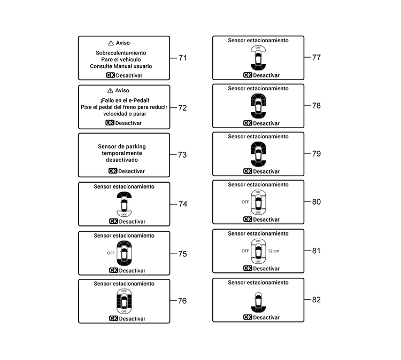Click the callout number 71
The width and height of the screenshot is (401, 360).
pos(182,58)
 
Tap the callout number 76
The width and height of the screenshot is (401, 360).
pos(182,301)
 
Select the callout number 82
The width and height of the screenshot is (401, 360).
pos(317,300)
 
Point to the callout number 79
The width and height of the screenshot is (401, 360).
pos(317,154)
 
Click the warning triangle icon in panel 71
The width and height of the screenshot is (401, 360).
pos(111,43)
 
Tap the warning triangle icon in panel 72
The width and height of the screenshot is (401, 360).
pos(111,91)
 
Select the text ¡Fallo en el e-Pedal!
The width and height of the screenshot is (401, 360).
pos(124,100)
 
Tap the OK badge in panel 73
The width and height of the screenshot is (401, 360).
pos(112,171)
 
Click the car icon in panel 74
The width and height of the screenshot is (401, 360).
pos(124,204)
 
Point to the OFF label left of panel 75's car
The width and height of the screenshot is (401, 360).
pos(111,252)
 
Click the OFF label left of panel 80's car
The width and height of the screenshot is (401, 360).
pos(245,202)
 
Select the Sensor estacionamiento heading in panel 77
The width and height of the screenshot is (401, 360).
pos(258,40)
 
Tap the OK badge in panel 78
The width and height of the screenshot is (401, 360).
pos(247,123)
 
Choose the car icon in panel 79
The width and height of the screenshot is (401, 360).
pos(258,155)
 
